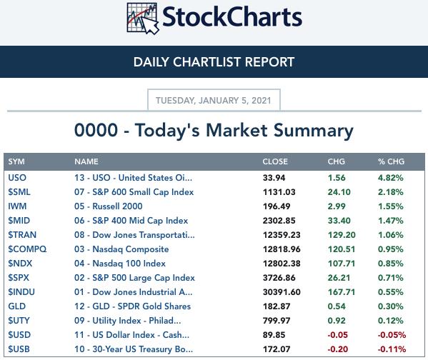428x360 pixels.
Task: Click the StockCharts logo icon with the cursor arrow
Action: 142,18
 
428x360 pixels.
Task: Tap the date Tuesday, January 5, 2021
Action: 214,101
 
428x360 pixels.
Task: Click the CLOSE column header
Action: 275,161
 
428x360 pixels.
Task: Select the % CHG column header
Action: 391,161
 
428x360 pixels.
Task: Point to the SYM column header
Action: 16,161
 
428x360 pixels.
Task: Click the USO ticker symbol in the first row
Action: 17,178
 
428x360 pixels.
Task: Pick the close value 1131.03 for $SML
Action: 279,192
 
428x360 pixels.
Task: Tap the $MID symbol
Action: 19,221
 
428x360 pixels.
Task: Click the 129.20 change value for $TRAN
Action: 342,235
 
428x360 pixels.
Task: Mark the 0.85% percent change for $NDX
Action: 390,264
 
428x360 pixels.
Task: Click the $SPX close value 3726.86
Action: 279,278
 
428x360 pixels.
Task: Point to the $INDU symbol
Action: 21,292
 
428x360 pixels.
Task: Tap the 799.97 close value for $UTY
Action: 277,321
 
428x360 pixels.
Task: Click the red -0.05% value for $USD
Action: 392,335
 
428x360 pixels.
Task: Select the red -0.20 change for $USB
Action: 338,349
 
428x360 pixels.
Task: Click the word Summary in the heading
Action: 314,131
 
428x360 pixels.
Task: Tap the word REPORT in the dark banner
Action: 269,62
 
